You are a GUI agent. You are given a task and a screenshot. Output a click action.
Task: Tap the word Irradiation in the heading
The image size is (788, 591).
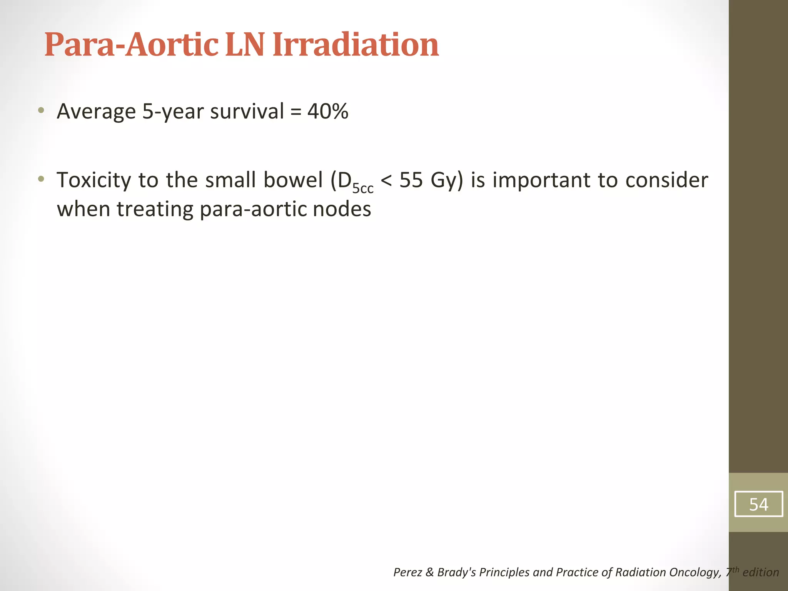coord(356,45)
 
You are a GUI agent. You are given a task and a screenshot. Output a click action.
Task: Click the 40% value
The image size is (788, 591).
coord(328,112)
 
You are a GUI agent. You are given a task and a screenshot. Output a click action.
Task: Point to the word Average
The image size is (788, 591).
coord(96,112)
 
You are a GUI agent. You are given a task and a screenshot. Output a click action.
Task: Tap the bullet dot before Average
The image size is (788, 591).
coord(41,111)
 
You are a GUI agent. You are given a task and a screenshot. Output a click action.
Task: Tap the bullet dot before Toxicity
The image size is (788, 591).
coord(41,179)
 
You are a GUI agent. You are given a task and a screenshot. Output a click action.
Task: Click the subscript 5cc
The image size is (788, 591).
coord(363,189)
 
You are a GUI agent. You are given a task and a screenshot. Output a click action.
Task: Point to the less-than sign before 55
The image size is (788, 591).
coord(386,180)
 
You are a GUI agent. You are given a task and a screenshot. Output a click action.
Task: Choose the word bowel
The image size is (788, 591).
coord(293,180)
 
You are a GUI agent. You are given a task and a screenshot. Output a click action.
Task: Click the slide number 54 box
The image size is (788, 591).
coord(758,504)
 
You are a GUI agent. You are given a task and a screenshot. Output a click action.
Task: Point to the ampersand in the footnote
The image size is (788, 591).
coord(429,573)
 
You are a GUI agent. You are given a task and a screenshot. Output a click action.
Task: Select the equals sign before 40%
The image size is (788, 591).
coord(295,112)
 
